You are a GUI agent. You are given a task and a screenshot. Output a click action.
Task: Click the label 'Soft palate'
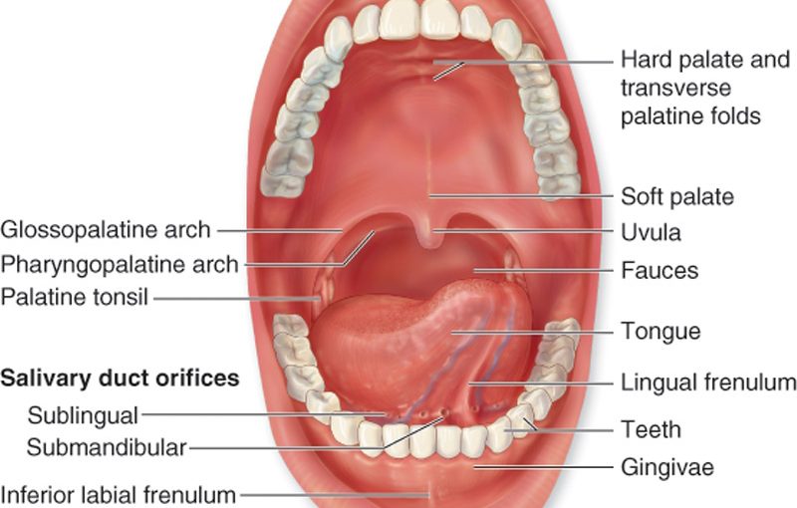676,196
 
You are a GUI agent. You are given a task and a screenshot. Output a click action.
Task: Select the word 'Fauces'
659,270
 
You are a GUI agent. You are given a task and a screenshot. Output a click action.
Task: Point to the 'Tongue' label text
661,331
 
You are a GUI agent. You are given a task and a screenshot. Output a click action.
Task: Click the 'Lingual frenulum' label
708,382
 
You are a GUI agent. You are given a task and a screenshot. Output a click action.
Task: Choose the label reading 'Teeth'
651,429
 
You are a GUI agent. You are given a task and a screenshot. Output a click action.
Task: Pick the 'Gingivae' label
666,467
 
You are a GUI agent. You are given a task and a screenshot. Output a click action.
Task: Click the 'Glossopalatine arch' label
106,230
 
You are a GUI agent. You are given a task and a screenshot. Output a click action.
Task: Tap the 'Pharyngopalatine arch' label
120,264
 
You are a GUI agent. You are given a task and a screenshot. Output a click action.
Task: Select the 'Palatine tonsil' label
75,297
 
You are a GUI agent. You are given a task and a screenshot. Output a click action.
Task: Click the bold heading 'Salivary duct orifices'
120,379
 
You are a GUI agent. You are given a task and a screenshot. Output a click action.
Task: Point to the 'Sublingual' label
83,413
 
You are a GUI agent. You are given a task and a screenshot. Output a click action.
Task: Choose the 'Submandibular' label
107,445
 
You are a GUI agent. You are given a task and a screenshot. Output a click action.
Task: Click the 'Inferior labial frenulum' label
119,494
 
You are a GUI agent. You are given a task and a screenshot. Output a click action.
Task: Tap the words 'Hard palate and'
704,60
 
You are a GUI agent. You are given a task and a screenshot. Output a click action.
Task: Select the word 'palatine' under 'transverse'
661,118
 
